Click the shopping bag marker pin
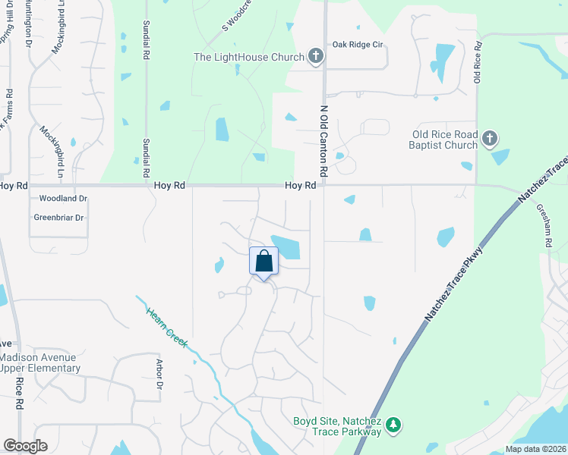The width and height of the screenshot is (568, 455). coord(264,262)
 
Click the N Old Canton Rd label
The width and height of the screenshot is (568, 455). coord(323,143)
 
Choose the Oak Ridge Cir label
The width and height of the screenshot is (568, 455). coord(357,45)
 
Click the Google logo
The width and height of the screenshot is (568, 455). coord(25,447)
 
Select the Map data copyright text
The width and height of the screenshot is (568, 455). coord(535,449)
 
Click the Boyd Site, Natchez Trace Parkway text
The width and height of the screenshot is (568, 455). coord(337,427)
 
